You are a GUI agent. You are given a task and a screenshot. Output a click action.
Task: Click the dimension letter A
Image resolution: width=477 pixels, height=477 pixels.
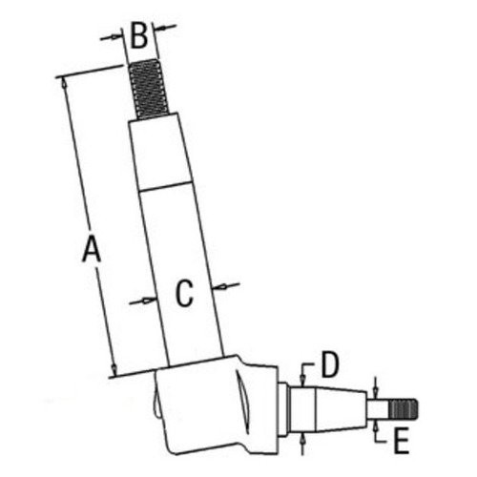click(91, 250)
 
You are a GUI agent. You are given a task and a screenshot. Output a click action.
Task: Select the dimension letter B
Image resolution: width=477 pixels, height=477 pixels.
click(139, 37)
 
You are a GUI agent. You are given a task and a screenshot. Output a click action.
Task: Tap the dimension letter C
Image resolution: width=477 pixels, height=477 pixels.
click(185, 293)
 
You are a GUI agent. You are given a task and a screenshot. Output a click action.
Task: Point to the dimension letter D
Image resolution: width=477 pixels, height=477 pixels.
click(329, 363)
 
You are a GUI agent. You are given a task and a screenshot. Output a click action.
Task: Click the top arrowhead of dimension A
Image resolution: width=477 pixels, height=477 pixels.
click(65, 83)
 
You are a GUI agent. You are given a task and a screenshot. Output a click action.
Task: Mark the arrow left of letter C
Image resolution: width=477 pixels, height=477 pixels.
click(147, 301)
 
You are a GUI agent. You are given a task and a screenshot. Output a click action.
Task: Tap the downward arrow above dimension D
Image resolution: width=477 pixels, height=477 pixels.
click(303, 375)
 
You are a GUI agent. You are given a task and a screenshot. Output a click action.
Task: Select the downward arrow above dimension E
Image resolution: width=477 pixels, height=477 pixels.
click(377, 389)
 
